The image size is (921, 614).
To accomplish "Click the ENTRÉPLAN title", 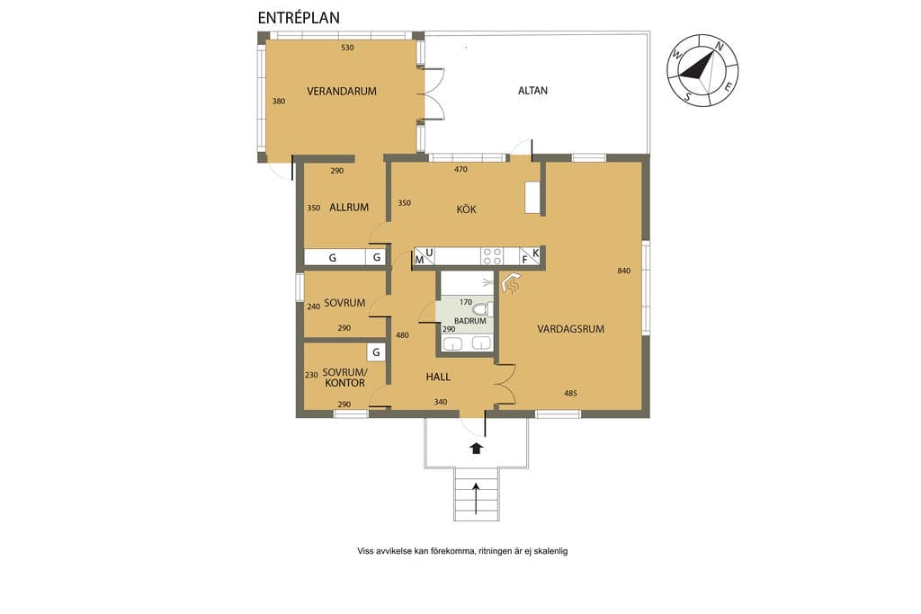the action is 299,18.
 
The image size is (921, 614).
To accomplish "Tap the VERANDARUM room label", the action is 341,91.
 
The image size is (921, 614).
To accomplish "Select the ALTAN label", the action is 532,91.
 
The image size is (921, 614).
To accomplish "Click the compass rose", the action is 702,70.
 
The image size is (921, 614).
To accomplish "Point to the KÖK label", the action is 467,209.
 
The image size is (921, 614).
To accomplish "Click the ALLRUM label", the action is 349,207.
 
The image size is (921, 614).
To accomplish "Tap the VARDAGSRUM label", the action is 570,329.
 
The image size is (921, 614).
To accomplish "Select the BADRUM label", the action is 469,321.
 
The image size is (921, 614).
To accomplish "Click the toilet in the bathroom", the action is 483,308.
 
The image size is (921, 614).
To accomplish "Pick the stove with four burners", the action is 492,256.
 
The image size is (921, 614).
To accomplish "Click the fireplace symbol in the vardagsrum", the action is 512,283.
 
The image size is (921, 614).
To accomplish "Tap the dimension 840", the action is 624,271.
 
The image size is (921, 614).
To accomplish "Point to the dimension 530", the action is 348,48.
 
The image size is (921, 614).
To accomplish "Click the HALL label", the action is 438,377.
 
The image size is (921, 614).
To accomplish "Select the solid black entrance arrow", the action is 476,449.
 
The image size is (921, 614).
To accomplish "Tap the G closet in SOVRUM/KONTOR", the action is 376,352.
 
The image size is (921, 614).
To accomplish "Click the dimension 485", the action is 570,393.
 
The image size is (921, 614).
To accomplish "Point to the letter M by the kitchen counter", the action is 419,260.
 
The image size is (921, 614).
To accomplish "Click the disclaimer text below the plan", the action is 462,551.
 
